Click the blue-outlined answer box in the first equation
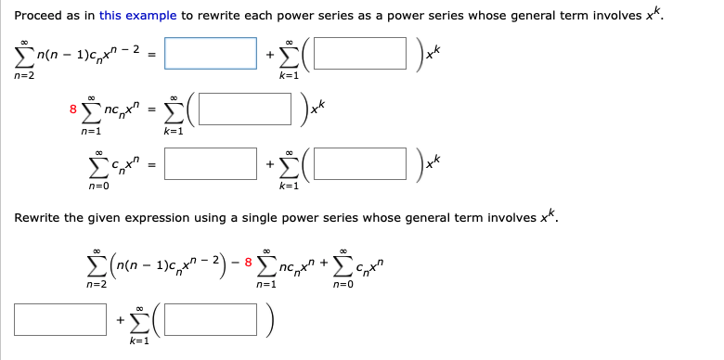point(213,53)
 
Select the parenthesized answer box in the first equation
point(359,53)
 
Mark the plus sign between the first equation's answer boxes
point(270,54)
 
